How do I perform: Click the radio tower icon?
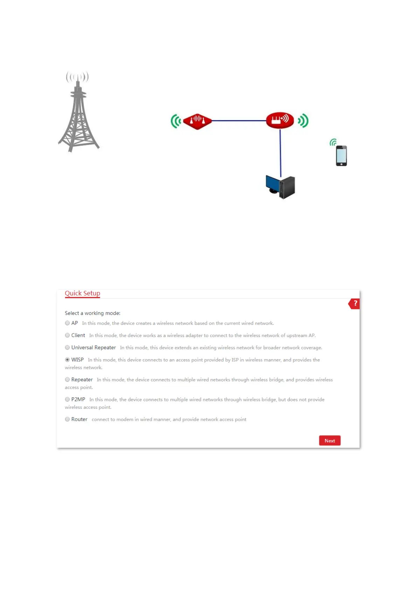click(78, 112)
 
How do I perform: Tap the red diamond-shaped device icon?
click(197, 121)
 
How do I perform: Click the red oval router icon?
click(280, 120)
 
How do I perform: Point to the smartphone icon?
click(341, 156)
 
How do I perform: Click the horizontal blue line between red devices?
click(239, 121)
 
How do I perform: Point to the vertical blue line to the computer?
click(280, 152)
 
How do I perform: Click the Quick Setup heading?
click(82, 293)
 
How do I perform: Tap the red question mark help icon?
click(354, 304)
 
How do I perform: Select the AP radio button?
click(67, 323)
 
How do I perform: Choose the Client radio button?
click(67, 335)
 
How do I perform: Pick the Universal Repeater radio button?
click(67, 348)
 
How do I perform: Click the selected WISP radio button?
click(67, 360)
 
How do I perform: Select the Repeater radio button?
click(67, 379)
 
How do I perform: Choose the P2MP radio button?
click(67, 399)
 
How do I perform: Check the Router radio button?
click(67, 419)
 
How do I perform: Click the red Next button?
click(329, 441)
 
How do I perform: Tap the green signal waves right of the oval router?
click(303, 121)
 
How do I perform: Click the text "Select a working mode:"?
click(92, 313)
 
